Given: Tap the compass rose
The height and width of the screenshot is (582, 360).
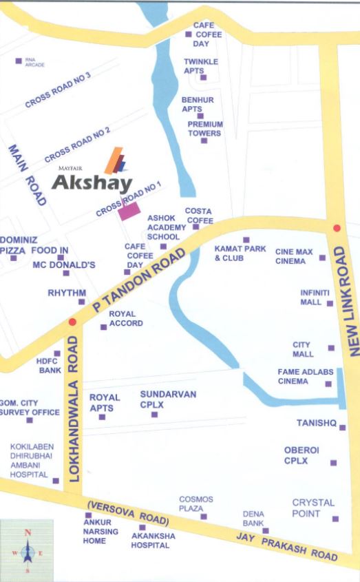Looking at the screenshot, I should [27, 552].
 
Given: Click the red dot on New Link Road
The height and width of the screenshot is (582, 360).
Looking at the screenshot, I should [337, 229].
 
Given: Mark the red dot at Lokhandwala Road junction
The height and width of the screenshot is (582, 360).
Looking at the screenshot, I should [72, 321].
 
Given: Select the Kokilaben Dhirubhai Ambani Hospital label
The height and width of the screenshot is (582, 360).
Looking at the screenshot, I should [29, 460].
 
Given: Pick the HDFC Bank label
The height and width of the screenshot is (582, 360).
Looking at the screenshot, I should [50, 365].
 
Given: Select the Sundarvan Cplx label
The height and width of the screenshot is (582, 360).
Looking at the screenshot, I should [168, 399].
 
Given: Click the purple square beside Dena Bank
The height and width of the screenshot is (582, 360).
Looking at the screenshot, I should [266, 530].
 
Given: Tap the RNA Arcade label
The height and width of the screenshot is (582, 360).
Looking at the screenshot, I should [34, 63].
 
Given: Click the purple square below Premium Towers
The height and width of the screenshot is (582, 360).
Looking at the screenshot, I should [204, 141].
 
